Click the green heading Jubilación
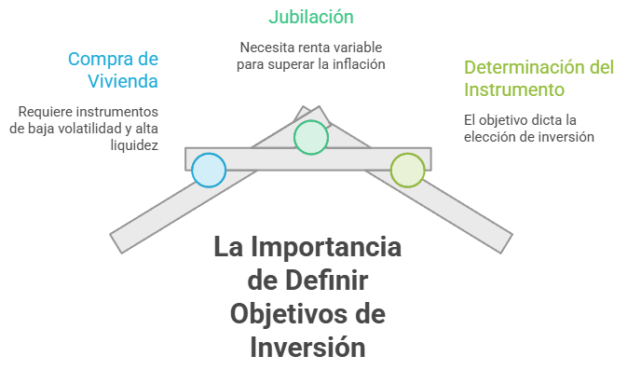pos(310,17)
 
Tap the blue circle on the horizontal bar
pos(209,170)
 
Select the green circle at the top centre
pos(311,137)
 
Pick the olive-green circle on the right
pos(407,170)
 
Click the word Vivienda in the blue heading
pos(123,81)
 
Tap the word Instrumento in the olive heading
pos(514,89)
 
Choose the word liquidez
pos(134,145)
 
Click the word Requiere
pos(46,112)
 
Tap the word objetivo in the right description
pos(503,120)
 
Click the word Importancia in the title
pos(326,247)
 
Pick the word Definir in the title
pos(326,281)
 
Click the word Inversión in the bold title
pos(307,347)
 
